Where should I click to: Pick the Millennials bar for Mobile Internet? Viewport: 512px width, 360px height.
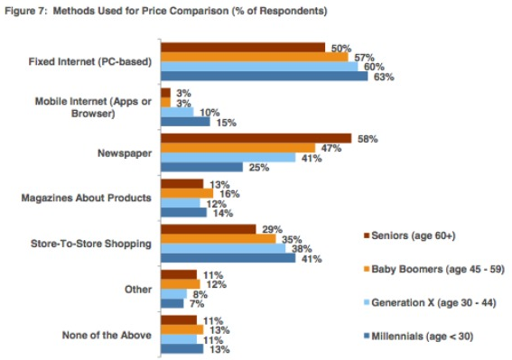pos(185,121)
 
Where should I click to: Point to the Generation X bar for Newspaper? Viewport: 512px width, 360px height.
pos(228,157)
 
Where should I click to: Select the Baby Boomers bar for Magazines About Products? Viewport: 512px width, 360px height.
pos(186,192)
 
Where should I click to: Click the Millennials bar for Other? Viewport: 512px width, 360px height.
pos(172,303)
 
